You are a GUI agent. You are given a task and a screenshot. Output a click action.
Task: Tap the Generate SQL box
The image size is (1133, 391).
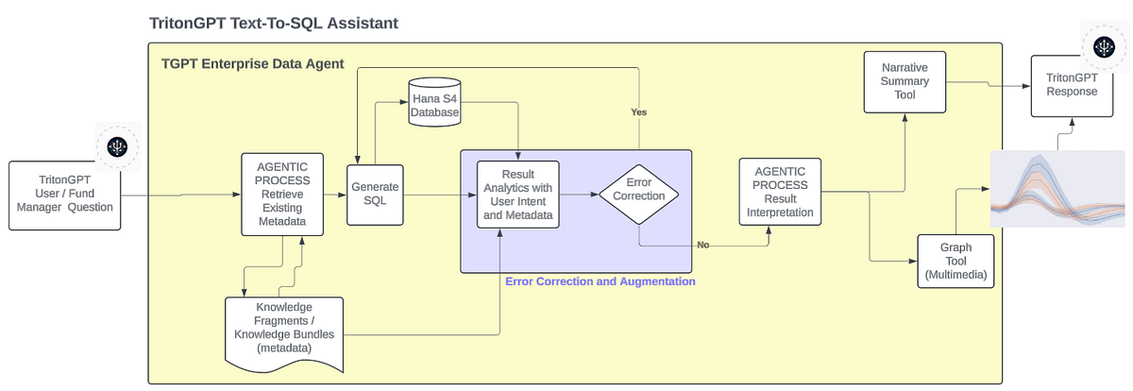point(368,195)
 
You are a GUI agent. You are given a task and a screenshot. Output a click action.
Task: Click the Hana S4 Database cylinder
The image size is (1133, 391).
point(434,100)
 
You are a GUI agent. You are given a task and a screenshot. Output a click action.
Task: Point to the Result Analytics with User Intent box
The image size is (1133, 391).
point(517,195)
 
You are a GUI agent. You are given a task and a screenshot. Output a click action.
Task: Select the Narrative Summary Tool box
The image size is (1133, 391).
point(905,82)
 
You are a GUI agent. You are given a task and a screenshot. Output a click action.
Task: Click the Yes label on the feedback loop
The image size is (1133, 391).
point(639,111)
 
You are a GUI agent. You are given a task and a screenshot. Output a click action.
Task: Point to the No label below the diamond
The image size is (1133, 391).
point(702,245)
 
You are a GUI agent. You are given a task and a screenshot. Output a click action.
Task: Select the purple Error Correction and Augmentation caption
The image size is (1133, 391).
point(600,281)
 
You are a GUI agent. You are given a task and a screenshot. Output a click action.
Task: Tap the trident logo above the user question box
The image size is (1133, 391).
point(117,145)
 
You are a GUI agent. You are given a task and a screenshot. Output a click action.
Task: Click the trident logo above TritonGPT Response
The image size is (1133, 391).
point(1102,45)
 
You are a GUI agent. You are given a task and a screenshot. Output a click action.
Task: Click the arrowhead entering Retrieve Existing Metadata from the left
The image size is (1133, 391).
point(237,195)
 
